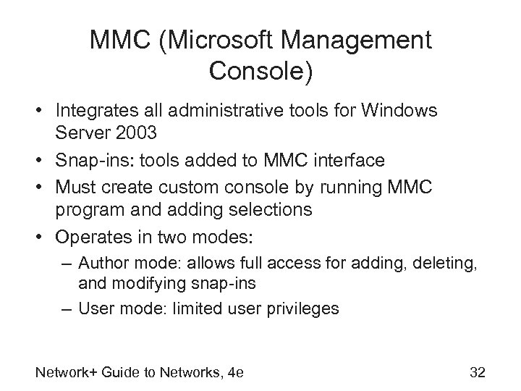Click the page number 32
point(478,372)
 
